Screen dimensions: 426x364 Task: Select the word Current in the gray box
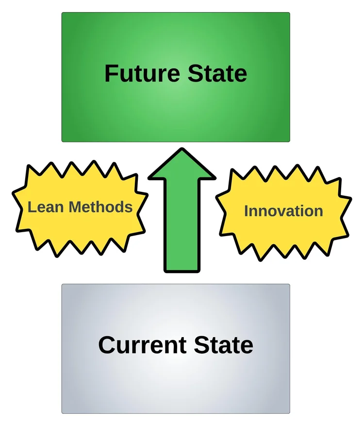tap(142, 345)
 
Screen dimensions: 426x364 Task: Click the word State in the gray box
tap(223, 345)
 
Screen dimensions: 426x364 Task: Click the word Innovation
tap(283, 211)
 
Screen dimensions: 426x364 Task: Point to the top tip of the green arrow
tap(182, 150)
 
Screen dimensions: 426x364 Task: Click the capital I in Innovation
tap(246, 211)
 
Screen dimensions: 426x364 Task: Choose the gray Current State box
tap(176, 384)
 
